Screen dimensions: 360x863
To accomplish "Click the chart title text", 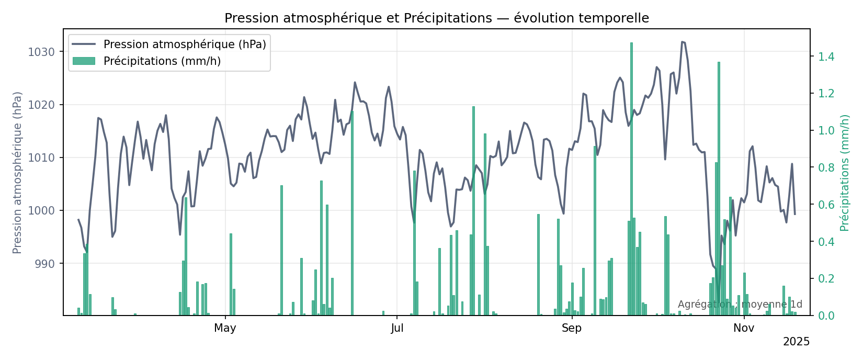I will coord(437,18).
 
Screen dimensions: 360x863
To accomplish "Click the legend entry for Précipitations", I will coord(162,61).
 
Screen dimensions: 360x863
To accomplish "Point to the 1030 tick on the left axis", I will coord(42,52).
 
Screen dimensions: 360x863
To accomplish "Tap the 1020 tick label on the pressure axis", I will coord(42,105).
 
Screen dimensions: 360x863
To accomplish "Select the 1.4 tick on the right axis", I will coord(826,57).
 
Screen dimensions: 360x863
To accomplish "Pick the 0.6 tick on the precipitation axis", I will coord(826,205).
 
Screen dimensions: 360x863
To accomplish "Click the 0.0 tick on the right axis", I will coord(826,316).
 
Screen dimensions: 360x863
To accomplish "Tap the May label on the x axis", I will coord(225,328).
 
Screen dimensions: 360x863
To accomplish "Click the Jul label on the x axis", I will coord(397,328).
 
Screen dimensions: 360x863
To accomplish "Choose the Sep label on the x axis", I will coord(572,328).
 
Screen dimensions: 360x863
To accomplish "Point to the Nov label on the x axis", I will coord(744,328).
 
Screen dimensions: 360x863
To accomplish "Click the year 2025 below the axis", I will coord(796,342).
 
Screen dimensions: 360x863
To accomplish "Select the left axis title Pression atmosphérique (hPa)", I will coord(18,173).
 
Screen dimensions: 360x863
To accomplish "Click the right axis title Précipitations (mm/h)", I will coord(845,173).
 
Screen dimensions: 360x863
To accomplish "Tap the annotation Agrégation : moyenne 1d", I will coord(740,305).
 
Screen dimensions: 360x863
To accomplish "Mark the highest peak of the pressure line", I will coord(682,42).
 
